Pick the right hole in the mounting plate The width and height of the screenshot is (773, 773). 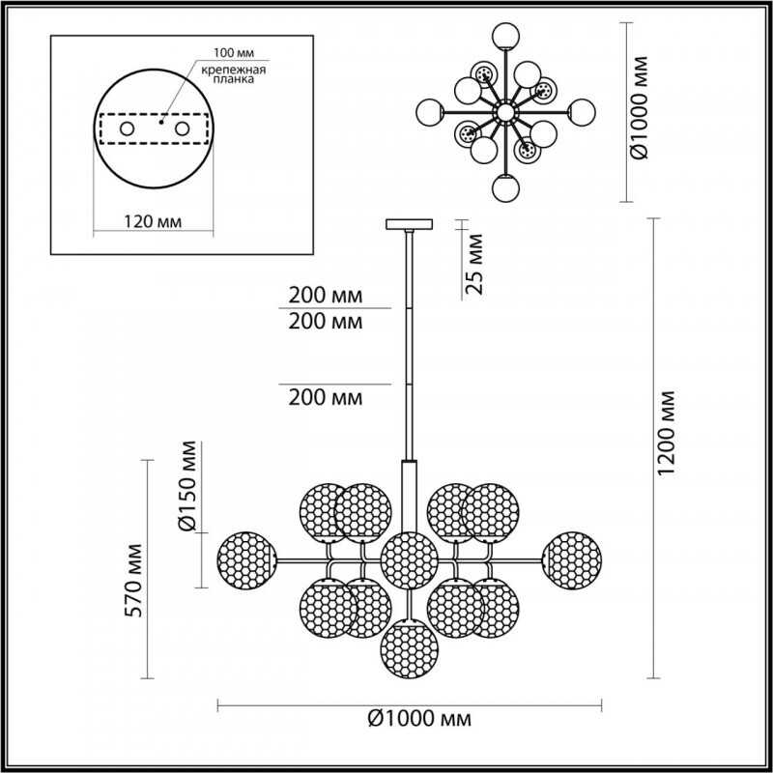tap(180, 128)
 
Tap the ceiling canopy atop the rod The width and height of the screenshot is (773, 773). tap(411, 224)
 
